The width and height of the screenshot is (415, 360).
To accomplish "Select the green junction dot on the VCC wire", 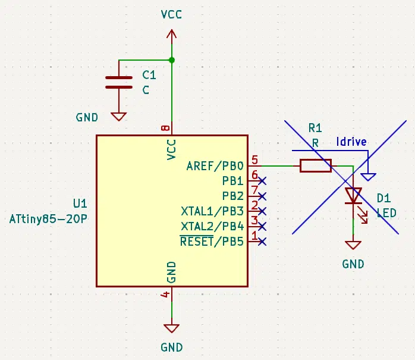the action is [171, 60].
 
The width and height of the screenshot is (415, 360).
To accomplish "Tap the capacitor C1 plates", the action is [119, 82].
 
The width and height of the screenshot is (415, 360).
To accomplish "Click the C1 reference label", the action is [149, 75].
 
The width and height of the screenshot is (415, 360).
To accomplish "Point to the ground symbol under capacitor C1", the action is [118, 117].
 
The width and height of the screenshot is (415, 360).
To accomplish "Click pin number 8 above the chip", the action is [165, 128].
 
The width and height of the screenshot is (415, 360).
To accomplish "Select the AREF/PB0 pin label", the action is [215, 166].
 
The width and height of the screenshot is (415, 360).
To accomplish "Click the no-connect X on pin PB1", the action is [262, 181].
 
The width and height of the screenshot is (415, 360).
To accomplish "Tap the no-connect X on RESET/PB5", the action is [262, 242].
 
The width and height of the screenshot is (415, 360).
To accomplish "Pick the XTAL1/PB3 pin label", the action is [212, 211].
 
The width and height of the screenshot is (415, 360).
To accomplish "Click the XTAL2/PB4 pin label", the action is [212, 227].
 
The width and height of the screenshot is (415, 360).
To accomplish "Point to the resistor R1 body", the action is [316, 166].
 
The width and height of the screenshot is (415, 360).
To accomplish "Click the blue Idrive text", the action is [351, 142].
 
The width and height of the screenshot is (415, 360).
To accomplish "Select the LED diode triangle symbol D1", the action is [353, 196].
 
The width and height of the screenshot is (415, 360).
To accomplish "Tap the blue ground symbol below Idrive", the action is [368, 177].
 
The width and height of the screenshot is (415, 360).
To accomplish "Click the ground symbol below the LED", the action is [353, 245].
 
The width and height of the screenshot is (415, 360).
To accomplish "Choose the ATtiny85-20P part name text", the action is [48, 219].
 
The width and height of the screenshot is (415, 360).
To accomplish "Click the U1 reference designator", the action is [80, 204].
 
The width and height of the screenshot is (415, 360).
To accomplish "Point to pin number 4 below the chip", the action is [165, 295].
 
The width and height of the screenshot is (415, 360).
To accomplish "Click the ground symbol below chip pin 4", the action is [171, 328].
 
